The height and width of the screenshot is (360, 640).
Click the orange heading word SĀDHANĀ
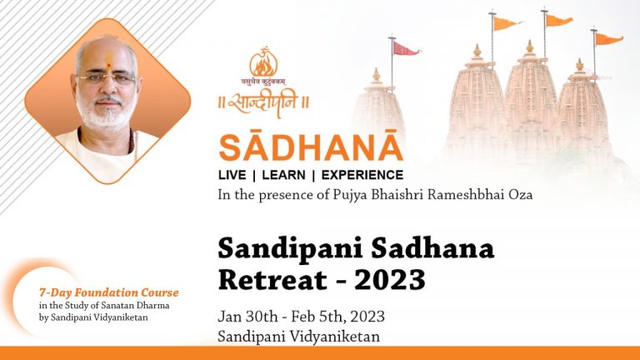310,147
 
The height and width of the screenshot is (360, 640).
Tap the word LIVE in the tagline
232,176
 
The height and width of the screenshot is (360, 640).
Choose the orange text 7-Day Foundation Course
109,292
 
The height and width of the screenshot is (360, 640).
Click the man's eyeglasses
105,78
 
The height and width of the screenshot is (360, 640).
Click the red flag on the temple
407,48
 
